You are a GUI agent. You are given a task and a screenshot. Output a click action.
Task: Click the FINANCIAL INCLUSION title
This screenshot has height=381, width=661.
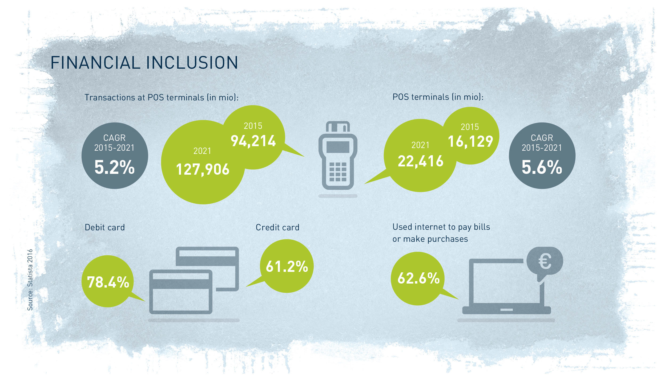click(x=144, y=63)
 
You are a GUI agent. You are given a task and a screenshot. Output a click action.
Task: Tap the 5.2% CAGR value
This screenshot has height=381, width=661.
click(x=115, y=167)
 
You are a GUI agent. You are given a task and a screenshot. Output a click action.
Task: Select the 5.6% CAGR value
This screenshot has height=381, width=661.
click(x=542, y=167)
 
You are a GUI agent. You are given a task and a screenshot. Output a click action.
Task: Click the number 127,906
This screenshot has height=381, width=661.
click(x=203, y=169)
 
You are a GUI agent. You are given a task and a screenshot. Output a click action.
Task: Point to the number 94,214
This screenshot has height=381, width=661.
click(x=253, y=141)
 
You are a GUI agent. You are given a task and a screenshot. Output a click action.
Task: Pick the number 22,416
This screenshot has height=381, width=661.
click(x=420, y=161)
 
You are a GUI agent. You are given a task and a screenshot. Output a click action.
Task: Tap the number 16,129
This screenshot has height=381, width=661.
click(x=470, y=141)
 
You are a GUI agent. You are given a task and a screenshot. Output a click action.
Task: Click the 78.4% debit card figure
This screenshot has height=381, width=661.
click(x=108, y=282)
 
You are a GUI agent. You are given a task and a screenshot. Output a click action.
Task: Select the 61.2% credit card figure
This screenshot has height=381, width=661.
click(x=287, y=266)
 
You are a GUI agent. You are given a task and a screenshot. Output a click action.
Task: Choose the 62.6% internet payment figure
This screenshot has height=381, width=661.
click(x=418, y=278)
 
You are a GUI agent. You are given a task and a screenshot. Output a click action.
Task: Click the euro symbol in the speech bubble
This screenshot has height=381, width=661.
click(x=545, y=261)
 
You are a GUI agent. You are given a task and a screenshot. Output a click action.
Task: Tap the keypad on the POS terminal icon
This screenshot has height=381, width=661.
click(x=338, y=172)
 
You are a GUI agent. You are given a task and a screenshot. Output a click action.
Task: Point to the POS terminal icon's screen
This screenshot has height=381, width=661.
click(x=338, y=147)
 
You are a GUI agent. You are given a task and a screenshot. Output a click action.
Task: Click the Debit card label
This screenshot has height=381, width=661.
click(x=105, y=227)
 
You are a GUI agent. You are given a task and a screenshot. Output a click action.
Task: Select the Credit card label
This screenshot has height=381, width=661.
click(x=277, y=227)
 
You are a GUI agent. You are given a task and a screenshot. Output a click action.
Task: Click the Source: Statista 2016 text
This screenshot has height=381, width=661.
click(x=30, y=280)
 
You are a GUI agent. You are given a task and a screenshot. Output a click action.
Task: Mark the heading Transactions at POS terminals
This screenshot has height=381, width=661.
click(x=162, y=97)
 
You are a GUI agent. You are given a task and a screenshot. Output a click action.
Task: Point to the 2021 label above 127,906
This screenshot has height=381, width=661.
click(x=202, y=151)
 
